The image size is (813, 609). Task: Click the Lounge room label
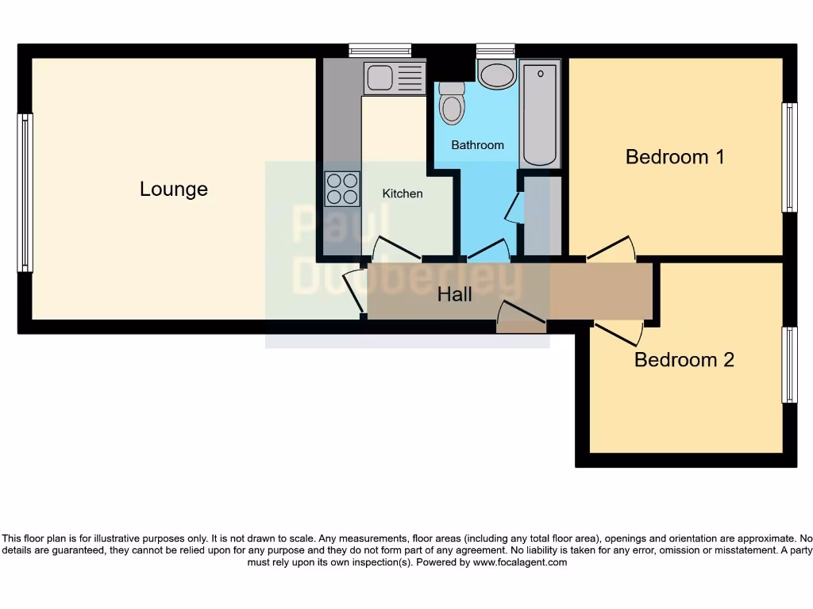[x=173, y=189]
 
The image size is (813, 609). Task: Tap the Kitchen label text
[x=403, y=193]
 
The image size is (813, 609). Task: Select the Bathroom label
[x=477, y=145]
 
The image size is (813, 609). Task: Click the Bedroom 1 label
[x=675, y=156]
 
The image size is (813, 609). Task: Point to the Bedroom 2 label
[x=684, y=359]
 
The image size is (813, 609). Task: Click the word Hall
[x=455, y=294]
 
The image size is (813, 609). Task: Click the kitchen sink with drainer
[x=395, y=78]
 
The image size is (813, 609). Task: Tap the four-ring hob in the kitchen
[x=342, y=189]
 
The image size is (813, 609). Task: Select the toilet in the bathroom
[x=451, y=104]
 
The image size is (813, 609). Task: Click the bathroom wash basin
[x=497, y=76]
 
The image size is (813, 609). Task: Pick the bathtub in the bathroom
[x=540, y=115]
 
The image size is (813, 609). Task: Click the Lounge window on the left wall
[x=25, y=192]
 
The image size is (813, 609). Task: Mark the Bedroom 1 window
[x=789, y=157]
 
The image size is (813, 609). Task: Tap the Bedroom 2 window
[x=789, y=364]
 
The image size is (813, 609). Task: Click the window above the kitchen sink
[x=380, y=51]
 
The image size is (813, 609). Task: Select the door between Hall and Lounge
[x=354, y=290]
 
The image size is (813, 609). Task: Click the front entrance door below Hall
[x=521, y=319]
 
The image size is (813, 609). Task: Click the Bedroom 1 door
[x=611, y=250]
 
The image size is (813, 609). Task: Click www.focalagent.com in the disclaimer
[x=520, y=562]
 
